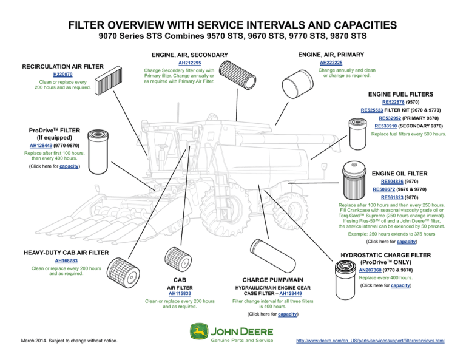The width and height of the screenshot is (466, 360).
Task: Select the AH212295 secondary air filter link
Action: tap(189, 63)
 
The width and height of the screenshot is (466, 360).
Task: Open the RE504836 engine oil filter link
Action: tap(393, 181)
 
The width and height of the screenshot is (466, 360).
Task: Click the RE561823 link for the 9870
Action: tap(393, 197)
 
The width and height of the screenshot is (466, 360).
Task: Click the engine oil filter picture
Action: tap(353, 178)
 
